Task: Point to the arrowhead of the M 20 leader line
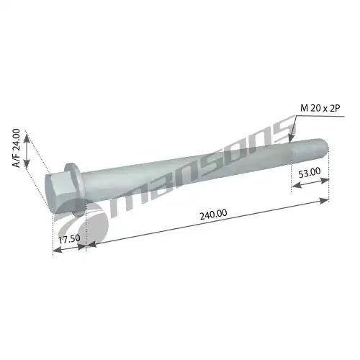point(291,138)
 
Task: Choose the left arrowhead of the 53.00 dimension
point(294,189)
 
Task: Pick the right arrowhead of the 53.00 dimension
point(326,181)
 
